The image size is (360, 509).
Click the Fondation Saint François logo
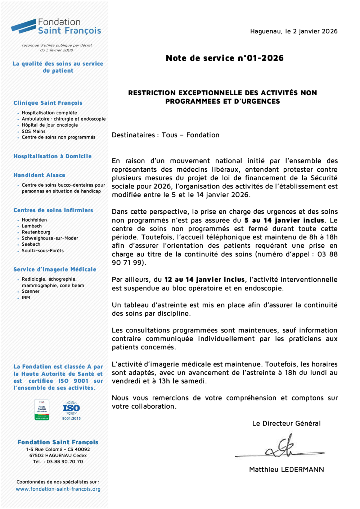[56, 27]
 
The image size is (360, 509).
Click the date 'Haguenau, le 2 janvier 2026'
[294, 31]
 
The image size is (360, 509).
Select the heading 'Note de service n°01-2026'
[224, 58]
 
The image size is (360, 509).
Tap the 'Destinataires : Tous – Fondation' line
[166, 135]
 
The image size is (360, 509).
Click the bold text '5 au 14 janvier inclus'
[284, 220]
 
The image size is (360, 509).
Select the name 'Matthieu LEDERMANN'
[286, 469]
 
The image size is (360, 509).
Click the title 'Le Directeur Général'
[286, 423]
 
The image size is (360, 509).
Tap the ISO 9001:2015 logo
[71, 410]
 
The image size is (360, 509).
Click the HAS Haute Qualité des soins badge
[42, 410]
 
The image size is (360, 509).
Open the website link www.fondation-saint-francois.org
[58, 489]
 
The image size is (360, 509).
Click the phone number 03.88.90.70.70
[65, 462]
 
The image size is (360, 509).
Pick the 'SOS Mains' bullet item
[33, 131]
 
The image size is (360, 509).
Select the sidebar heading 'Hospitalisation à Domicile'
[53, 156]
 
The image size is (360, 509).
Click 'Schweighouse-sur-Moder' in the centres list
[50, 238]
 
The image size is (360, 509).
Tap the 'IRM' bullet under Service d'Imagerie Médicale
[26, 297]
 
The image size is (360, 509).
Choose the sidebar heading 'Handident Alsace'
[39, 175]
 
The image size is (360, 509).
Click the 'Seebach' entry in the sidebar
[31, 244]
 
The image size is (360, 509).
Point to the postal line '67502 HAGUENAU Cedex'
[58, 455]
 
